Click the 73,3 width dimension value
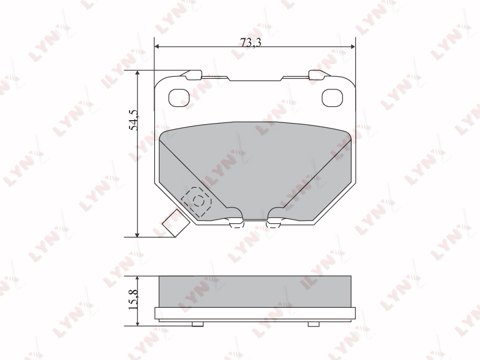pyautogui.click(x=251, y=43)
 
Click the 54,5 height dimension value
pyautogui.click(x=133, y=119)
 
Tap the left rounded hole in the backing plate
pyautogui.click(x=179, y=98)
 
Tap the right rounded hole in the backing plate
pyautogui.click(x=332, y=98)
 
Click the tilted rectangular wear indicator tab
pyautogui.click(x=175, y=223)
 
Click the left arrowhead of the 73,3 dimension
pyautogui.click(x=157, y=47)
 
